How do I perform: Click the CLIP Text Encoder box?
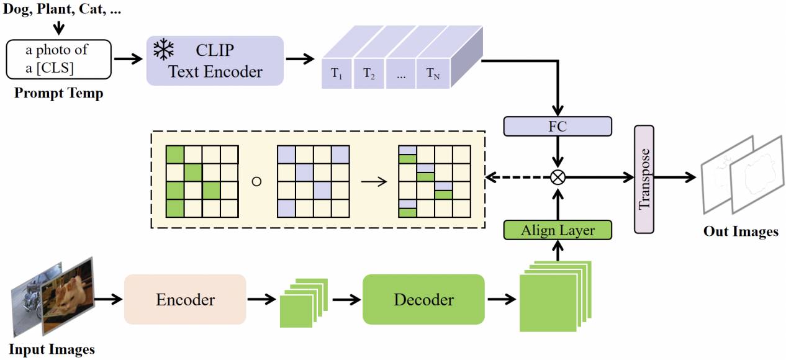coord(215,60)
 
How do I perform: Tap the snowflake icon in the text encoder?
coord(163,49)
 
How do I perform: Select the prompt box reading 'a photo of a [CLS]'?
coord(59,60)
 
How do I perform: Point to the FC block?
coord(558,127)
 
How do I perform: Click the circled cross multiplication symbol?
coord(558,178)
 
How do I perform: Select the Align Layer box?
coord(558,230)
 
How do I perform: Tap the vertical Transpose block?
coord(644,179)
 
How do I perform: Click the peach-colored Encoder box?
coord(185,300)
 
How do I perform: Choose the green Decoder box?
coord(423,300)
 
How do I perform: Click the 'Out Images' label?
coord(740,232)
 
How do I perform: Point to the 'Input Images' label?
coord(52,349)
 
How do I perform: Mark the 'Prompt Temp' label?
coord(58,94)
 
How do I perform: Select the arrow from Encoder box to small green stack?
coord(263,300)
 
